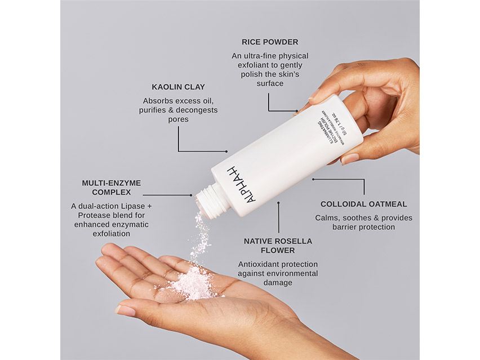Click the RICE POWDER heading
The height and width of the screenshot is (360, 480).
tap(270, 42)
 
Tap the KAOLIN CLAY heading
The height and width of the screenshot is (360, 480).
tap(178, 87)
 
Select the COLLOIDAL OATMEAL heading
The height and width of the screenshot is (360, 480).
tap(363, 204)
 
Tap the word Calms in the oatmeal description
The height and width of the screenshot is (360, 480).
tap(327, 217)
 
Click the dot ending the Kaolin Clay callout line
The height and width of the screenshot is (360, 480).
tap(226, 152)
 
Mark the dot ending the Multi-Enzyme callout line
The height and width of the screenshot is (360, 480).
tap(191, 195)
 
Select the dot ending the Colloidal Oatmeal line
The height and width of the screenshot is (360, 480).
tap(313, 179)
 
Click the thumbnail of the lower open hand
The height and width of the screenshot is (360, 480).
tap(125, 310)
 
